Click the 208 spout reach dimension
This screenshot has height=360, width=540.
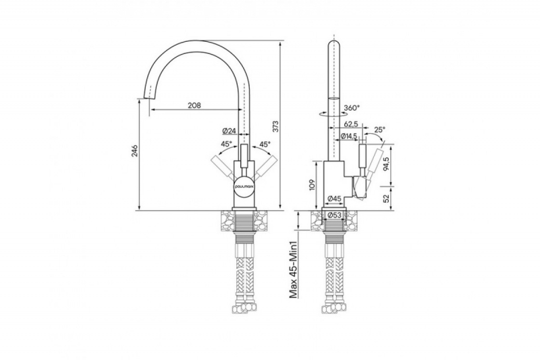point(194,105)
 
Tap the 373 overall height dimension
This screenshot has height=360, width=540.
point(275,126)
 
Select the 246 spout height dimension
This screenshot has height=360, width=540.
point(134,151)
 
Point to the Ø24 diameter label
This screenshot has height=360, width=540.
point(229,131)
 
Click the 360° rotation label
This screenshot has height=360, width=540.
point(351,108)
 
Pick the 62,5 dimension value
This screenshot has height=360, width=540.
point(351,124)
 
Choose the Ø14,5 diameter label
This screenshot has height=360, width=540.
point(348,136)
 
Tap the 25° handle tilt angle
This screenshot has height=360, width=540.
point(379,130)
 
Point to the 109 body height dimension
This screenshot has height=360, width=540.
point(312,185)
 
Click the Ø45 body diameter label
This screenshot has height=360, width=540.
point(334,199)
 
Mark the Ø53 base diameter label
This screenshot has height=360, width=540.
point(334,215)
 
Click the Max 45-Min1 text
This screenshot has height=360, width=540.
point(293,269)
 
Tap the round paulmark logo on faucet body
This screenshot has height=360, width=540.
point(244,185)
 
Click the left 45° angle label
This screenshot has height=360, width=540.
point(227,144)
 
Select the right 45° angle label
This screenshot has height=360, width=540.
point(265,144)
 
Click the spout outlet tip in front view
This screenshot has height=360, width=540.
point(146,97)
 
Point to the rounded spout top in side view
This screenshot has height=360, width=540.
point(334,45)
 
